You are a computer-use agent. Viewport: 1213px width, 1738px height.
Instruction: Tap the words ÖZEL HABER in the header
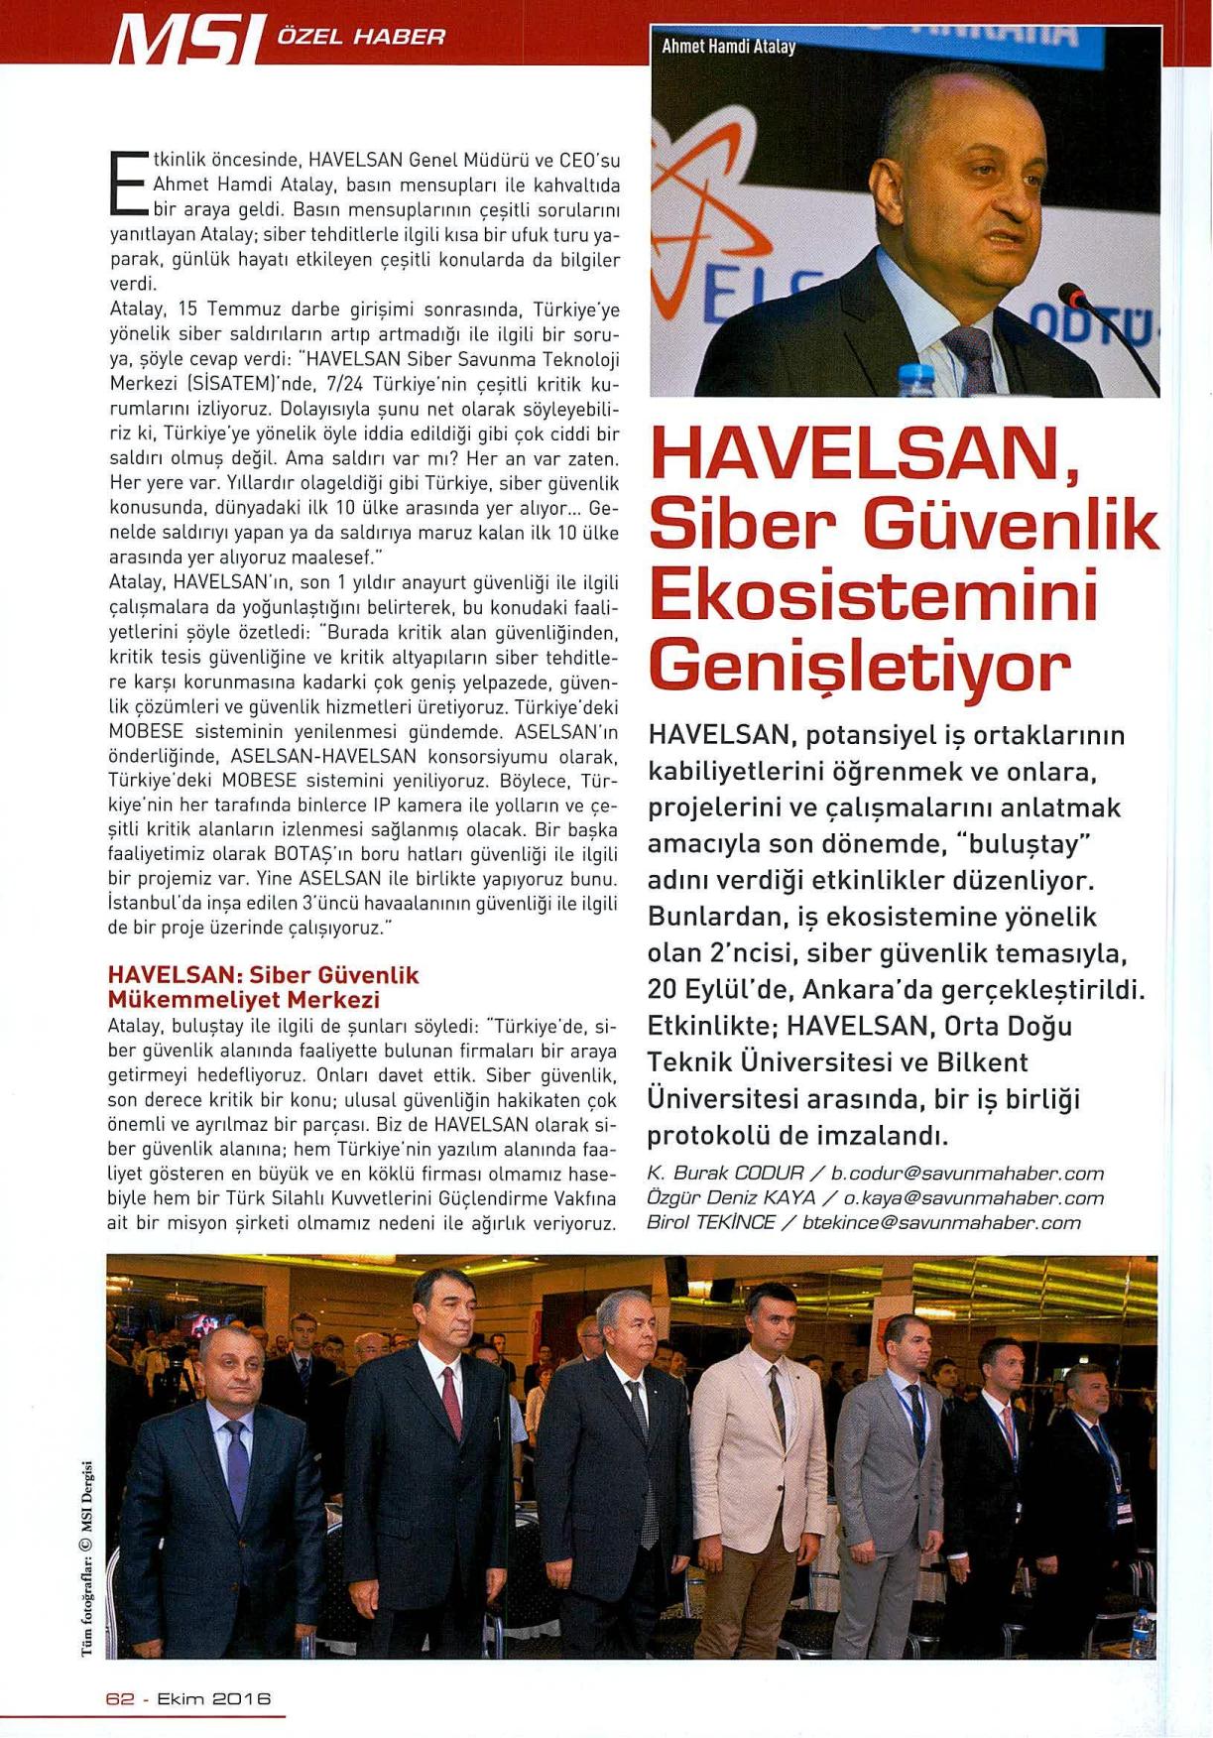[x=362, y=37]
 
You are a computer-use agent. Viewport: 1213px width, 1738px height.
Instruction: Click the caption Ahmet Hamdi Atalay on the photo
[x=728, y=46]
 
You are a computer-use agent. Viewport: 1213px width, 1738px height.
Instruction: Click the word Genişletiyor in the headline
[x=859, y=668]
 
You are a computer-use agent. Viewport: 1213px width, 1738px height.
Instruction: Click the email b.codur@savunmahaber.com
[x=967, y=1174]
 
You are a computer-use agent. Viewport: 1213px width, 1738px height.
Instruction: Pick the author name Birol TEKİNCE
[x=710, y=1222]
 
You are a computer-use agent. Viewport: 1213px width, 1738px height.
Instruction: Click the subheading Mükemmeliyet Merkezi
[x=244, y=999]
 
